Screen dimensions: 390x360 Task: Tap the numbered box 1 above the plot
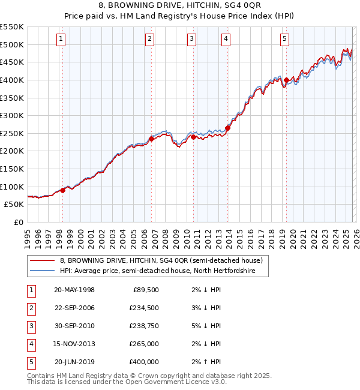coord(62,40)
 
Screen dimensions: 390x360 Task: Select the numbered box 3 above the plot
coord(191,40)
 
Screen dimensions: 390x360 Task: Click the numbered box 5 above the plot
coord(284,40)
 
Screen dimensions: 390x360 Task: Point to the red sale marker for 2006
coord(151,139)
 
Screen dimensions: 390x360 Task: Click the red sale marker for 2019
coord(287,80)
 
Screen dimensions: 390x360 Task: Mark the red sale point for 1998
coord(63,190)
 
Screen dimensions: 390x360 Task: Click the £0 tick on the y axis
coord(19,222)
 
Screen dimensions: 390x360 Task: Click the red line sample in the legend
coord(42,261)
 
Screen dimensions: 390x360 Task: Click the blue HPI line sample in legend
coord(42,271)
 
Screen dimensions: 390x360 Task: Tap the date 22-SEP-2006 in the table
coord(74,308)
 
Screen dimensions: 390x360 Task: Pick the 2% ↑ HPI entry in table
coord(207,362)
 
